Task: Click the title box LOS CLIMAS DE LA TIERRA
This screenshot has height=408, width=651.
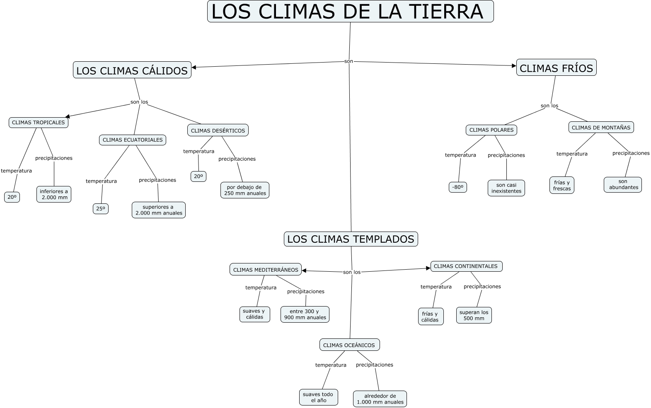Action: click(x=350, y=12)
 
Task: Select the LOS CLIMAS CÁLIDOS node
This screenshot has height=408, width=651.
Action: click(x=132, y=70)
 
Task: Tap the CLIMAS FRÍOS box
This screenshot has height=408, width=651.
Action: click(x=556, y=68)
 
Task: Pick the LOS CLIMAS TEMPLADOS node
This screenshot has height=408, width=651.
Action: click(x=351, y=239)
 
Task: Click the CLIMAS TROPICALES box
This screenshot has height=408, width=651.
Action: click(x=39, y=123)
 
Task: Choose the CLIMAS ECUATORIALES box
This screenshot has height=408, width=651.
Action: click(x=133, y=140)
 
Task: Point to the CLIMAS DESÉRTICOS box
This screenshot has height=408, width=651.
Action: click(x=218, y=130)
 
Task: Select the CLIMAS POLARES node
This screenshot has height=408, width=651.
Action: click(x=491, y=130)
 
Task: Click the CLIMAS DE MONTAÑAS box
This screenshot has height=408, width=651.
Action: click(x=601, y=128)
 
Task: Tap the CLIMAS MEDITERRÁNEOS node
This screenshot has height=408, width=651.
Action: click(x=266, y=270)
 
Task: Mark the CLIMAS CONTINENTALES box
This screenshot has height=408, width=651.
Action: click(x=466, y=266)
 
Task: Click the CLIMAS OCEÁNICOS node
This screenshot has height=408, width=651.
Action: click(x=349, y=345)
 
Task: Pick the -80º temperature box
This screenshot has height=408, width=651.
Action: click(x=458, y=187)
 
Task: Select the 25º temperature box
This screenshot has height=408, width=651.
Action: click(x=101, y=209)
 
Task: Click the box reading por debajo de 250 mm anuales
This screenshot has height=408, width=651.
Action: click(x=245, y=190)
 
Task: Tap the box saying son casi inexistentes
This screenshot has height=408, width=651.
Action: click(x=506, y=188)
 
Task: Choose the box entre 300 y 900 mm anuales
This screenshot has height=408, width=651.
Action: click(x=305, y=314)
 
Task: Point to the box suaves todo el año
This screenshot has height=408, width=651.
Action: click(x=318, y=397)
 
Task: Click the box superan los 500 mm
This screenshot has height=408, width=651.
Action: click(x=474, y=315)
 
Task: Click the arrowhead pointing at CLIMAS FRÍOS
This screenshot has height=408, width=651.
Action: click(x=514, y=65)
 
